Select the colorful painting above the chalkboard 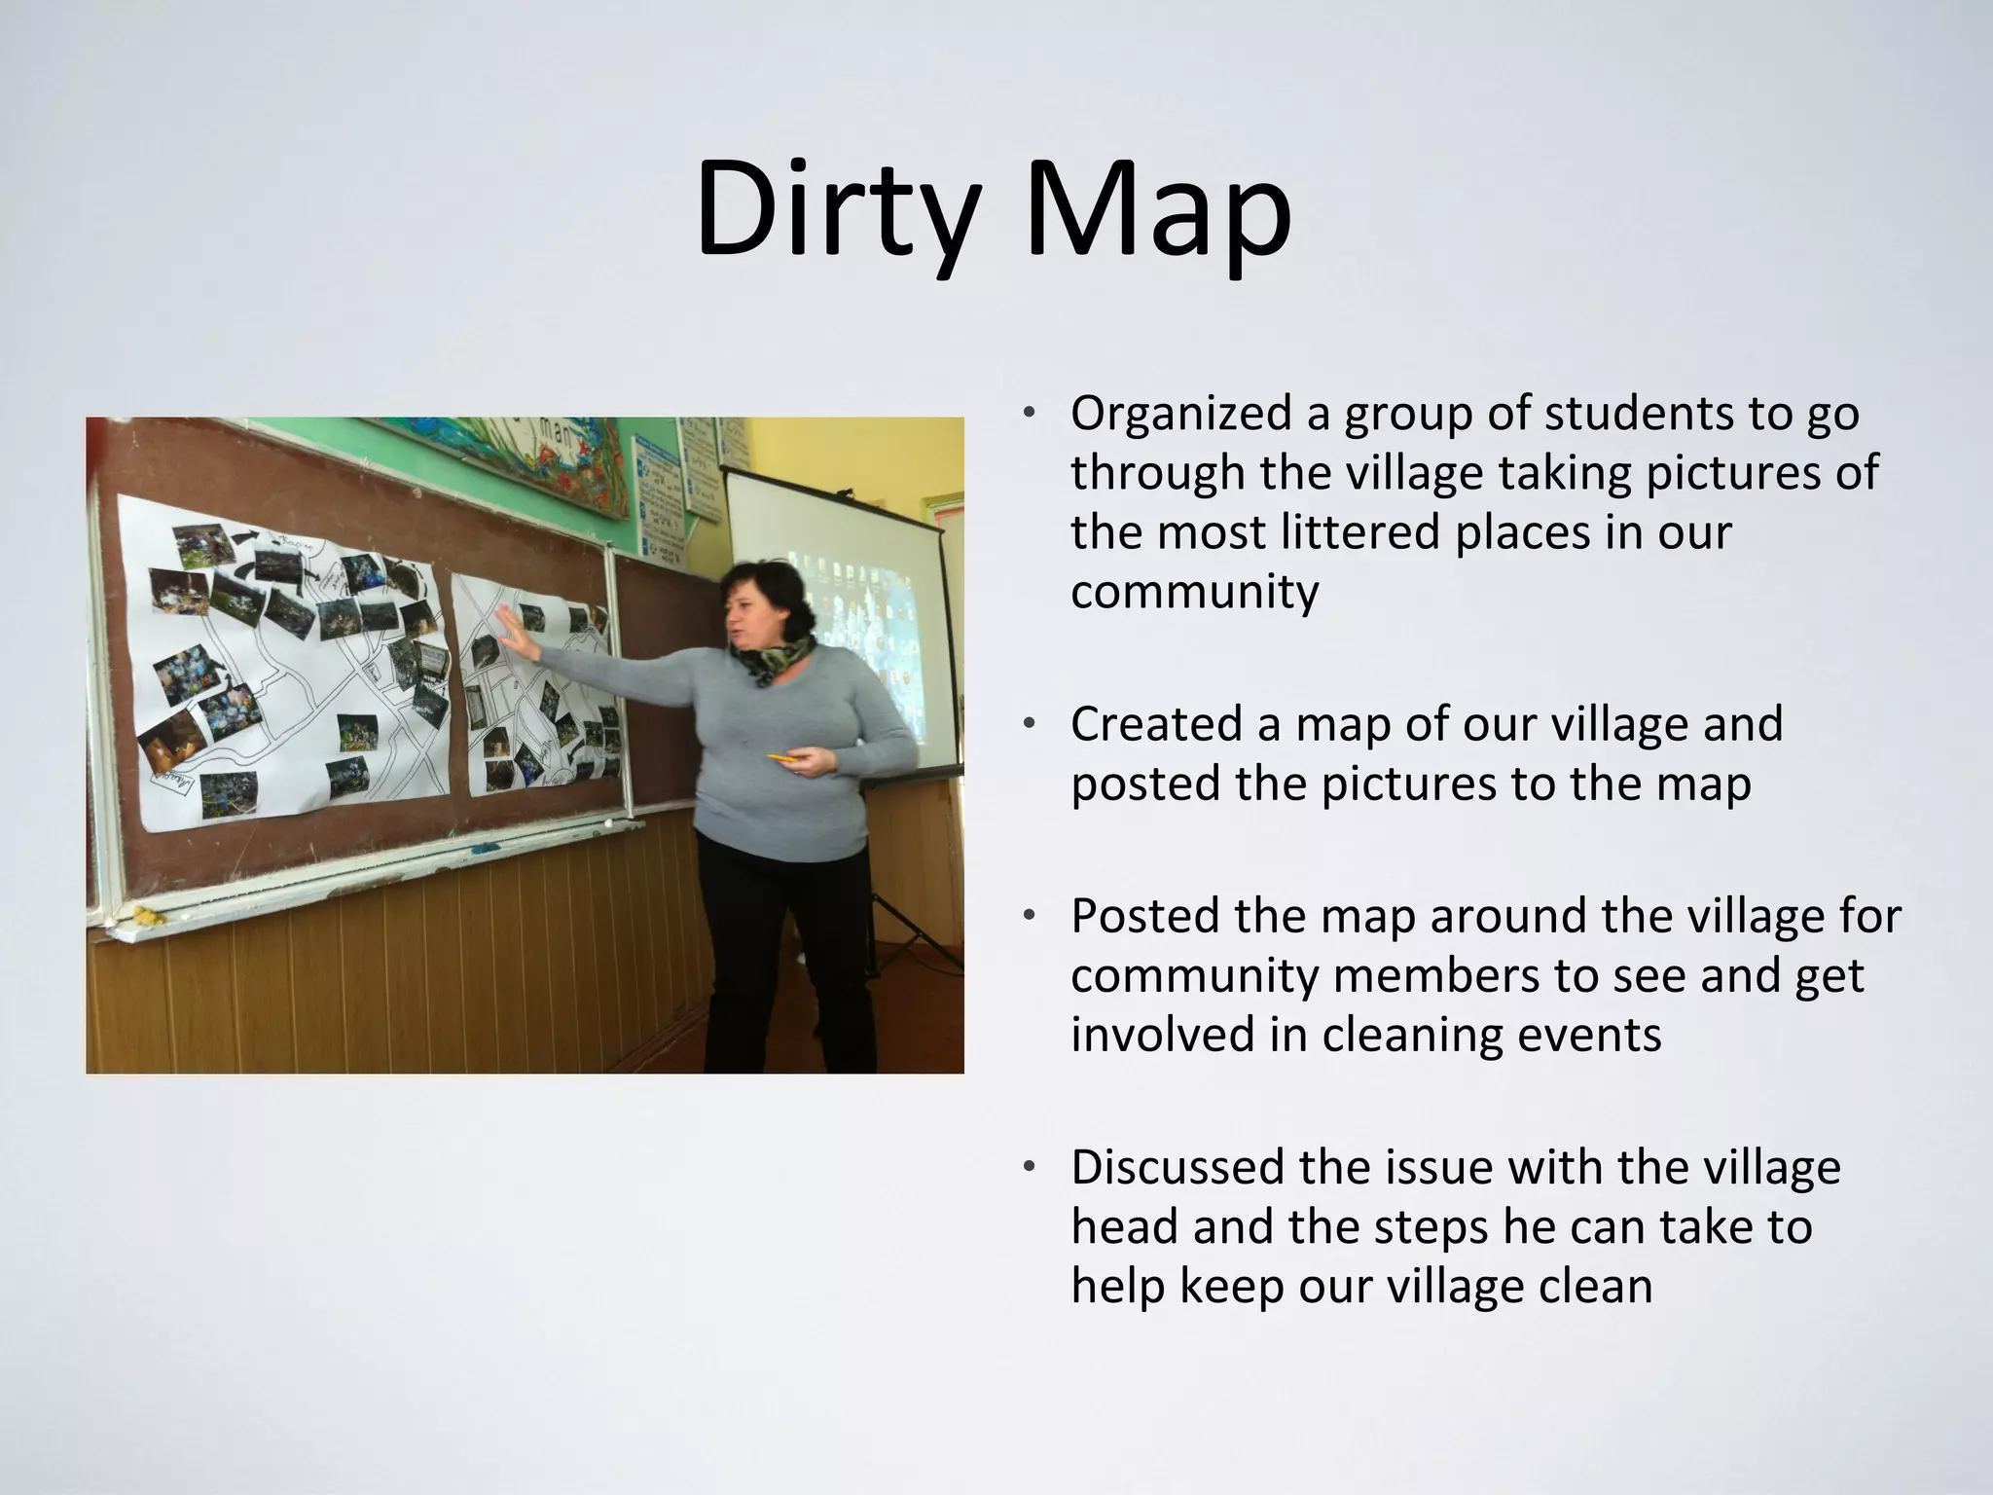(506, 457)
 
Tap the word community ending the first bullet (1194, 592)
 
